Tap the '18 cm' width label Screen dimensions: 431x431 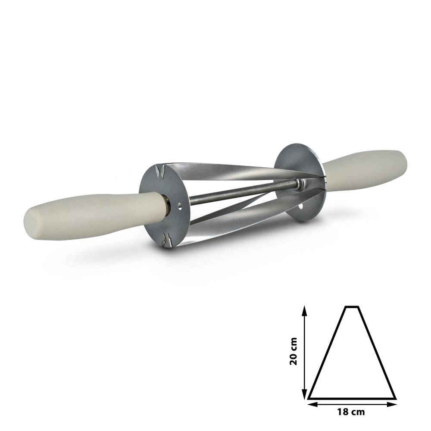coord(352,412)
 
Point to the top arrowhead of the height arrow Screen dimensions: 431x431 coord(305,309)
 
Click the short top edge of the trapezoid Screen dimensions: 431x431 coord(352,307)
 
